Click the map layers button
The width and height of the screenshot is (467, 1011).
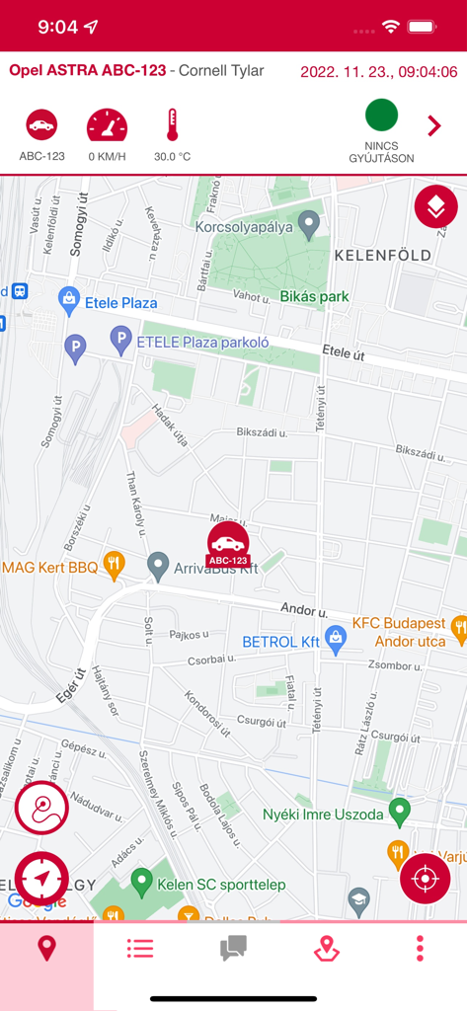pyautogui.click(x=435, y=206)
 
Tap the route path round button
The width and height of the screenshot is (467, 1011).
pyautogui.click(x=41, y=809)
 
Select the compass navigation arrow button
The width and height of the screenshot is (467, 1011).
pyautogui.click(x=41, y=877)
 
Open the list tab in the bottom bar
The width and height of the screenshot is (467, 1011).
pyautogui.click(x=140, y=950)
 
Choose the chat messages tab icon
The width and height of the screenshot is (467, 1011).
pyautogui.click(x=233, y=950)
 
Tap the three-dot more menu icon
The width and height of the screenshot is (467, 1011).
pyautogui.click(x=420, y=950)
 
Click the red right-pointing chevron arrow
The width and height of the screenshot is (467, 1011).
pyautogui.click(x=433, y=126)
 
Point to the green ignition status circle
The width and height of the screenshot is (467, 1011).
pyautogui.click(x=381, y=116)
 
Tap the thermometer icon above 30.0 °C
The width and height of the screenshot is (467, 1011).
pyautogui.click(x=172, y=125)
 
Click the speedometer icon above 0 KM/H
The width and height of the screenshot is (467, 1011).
pyautogui.click(x=107, y=125)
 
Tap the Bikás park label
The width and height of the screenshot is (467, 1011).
pyautogui.click(x=314, y=296)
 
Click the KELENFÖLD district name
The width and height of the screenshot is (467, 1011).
pyautogui.click(x=383, y=255)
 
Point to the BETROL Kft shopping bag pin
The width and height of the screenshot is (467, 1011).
pyautogui.click(x=336, y=639)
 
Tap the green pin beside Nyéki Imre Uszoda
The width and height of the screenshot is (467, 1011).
pyautogui.click(x=399, y=812)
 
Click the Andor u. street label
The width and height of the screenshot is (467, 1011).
pyautogui.click(x=303, y=609)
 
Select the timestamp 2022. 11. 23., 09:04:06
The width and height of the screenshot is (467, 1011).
pyautogui.click(x=378, y=72)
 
